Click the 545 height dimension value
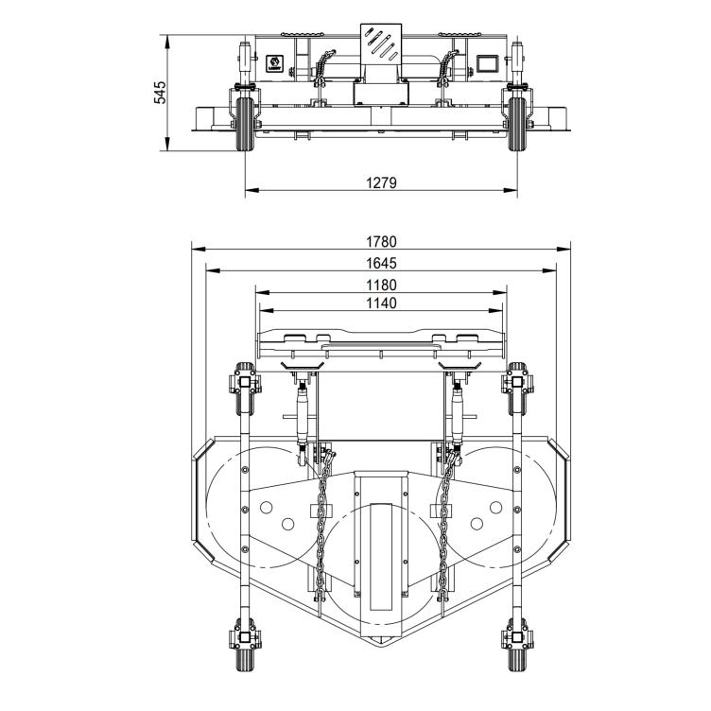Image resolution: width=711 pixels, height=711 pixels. point(161,92)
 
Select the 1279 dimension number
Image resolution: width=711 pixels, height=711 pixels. point(381,182)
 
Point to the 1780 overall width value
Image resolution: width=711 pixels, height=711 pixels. point(381,242)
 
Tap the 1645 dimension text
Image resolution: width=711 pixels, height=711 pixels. point(381,263)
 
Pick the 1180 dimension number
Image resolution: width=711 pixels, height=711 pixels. point(381,285)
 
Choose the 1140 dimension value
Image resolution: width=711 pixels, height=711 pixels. point(381,303)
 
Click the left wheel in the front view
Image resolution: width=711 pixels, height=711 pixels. point(244,123)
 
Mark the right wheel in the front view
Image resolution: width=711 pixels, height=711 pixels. point(517,123)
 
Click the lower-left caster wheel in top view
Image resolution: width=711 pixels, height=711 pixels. point(244,647)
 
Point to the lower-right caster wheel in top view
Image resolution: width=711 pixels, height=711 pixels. point(517,647)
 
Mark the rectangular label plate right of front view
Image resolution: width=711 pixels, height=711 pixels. point(487,63)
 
